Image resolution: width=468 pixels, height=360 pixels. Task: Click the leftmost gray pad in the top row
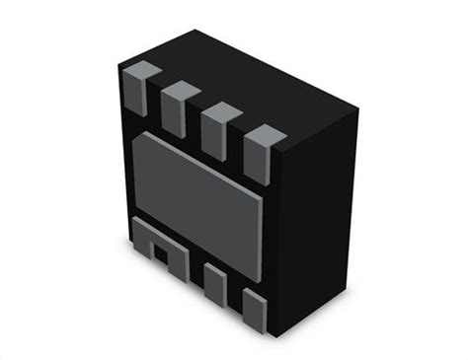pos(137,91)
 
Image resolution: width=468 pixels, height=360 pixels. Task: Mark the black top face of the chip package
pos(247,79)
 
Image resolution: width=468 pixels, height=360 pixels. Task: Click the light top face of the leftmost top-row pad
pos(141,71)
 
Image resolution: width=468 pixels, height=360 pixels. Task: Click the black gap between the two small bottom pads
pos(233,296)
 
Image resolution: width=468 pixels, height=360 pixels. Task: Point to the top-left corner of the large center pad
pos(133,138)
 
